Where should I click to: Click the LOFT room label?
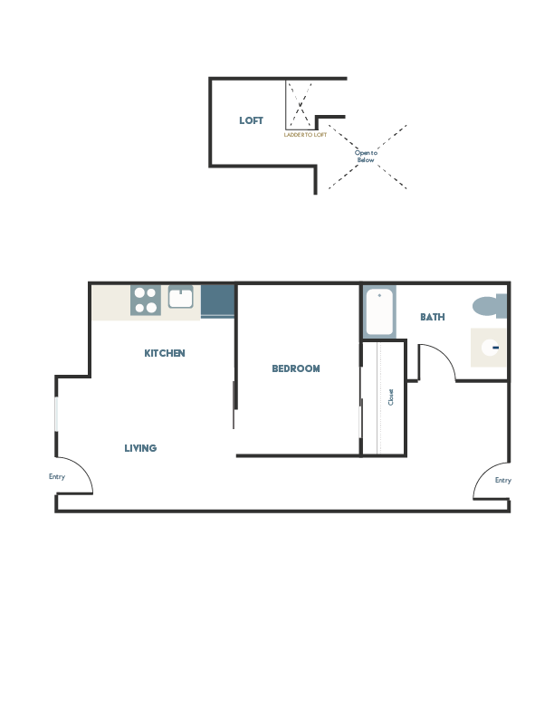click(251, 120)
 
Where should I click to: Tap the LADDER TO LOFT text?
click(305, 135)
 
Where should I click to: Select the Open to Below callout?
click(366, 156)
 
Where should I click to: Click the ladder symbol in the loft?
click(300, 106)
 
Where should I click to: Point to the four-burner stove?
click(145, 301)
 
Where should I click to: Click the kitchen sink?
click(180, 297)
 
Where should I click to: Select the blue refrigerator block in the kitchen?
click(217, 301)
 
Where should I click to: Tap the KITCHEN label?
click(165, 353)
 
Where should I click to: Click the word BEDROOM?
click(296, 368)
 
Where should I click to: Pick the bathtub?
click(379, 311)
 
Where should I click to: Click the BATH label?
click(432, 317)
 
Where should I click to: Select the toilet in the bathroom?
click(490, 306)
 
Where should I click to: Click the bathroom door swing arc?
click(437, 362)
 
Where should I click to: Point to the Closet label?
click(391, 397)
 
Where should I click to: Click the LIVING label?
click(140, 448)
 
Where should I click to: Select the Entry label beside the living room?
click(57, 476)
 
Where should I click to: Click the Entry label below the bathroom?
click(502, 481)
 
